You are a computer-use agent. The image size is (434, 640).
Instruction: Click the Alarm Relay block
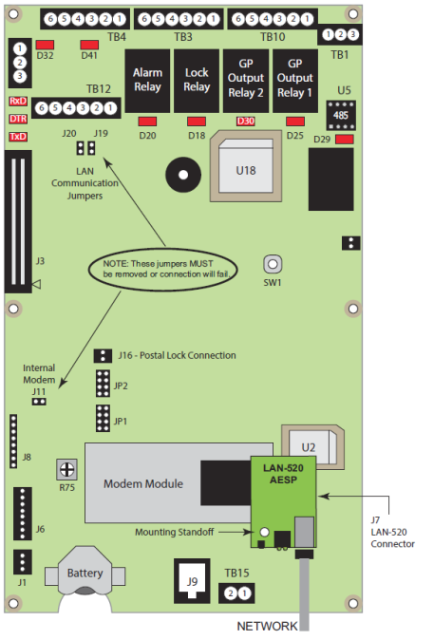(147, 79)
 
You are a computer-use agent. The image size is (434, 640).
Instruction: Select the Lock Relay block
(197, 79)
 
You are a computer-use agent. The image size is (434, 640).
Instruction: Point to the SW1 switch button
(272, 264)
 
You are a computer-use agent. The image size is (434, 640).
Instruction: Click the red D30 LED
(245, 122)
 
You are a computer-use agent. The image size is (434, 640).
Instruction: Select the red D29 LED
(345, 141)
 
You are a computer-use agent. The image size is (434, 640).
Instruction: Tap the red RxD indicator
(17, 101)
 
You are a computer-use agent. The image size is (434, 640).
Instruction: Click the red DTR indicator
(17, 119)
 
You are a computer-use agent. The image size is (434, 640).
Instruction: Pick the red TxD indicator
(17, 137)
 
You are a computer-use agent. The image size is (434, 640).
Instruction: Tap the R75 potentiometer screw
(66, 469)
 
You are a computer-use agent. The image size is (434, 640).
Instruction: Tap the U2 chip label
(308, 445)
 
